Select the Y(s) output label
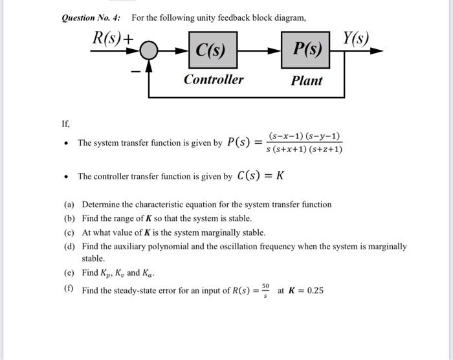click(x=355, y=38)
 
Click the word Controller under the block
click(x=213, y=80)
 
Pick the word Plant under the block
click(x=307, y=80)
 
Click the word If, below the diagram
click(x=65, y=123)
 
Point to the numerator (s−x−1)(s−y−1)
click(x=305, y=137)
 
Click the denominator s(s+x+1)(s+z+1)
click(x=305, y=150)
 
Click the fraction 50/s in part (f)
click(x=265, y=289)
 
